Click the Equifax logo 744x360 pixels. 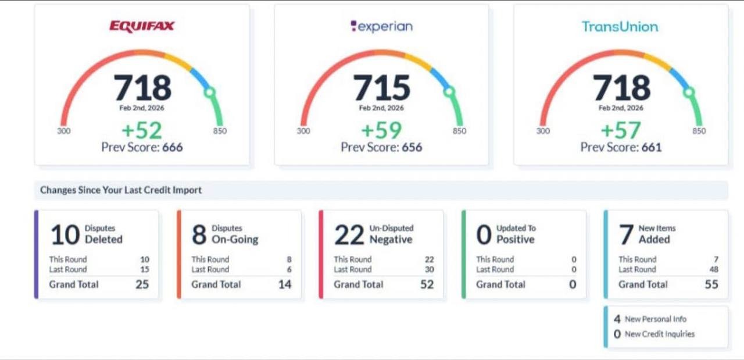(x=142, y=26)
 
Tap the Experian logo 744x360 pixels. (x=381, y=26)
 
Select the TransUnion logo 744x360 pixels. (x=620, y=26)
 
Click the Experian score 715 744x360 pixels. (x=382, y=88)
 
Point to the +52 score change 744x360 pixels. (x=142, y=130)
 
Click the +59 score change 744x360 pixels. (x=381, y=130)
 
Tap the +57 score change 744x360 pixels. (x=621, y=130)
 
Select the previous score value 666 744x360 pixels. (x=172, y=148)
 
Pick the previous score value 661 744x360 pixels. (x=651, y=148)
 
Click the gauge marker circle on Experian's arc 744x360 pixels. (x=448, y=91)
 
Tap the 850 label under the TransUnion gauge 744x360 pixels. (x=699, y=131)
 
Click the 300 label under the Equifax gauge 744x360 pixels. (x=63, y=131)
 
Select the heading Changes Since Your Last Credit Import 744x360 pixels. (x=121, y=190)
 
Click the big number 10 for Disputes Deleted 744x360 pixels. (x=65, y=235)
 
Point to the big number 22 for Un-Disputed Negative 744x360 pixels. (x=349, y=235)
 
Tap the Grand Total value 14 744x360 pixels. (x=284, y=284)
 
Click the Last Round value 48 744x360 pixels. (x=713, y=269)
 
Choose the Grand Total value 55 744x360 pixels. (x=711, y=284)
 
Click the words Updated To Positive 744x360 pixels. (x=516, y=234)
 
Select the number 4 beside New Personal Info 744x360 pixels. (x=617, y=319)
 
